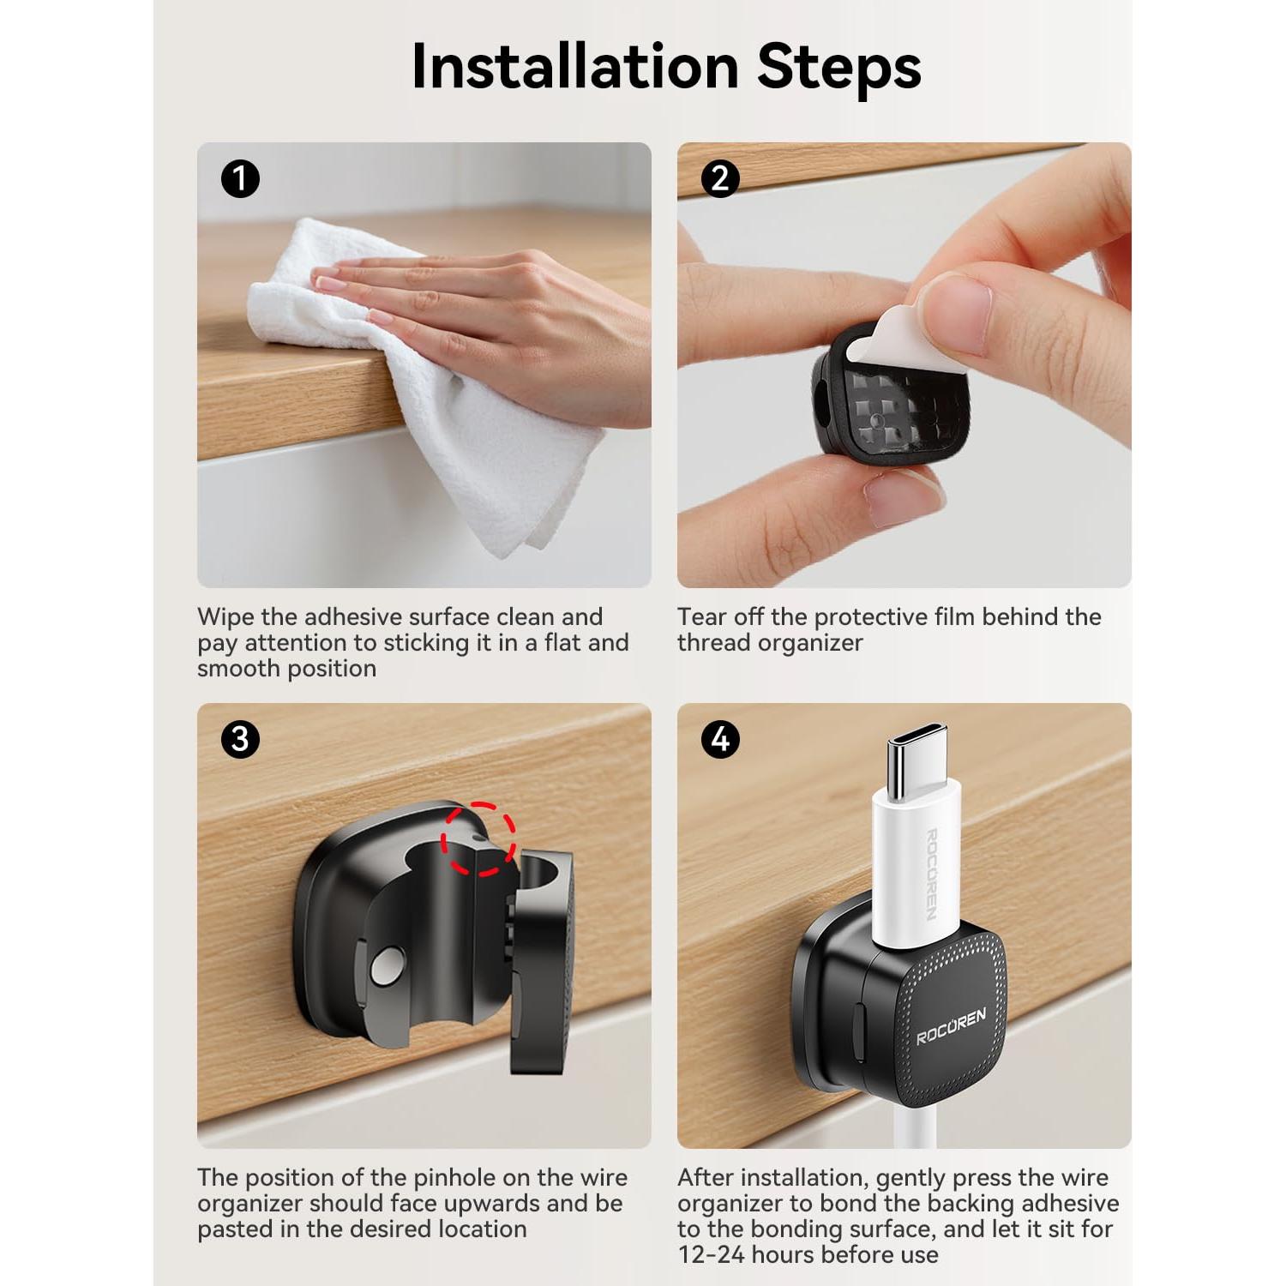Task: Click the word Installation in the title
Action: click(x=575, y=66)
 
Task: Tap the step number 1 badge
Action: click(x=240, y=179)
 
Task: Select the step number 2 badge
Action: click(x=720, y=179)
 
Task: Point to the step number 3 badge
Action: click(x=240, y=739)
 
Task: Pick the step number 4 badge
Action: click(x=720, y=739)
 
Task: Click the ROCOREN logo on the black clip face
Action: click(x=952, y=1025)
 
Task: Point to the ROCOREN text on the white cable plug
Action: click(x=932, y=874)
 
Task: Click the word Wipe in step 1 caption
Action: click(x=225, y=617)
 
